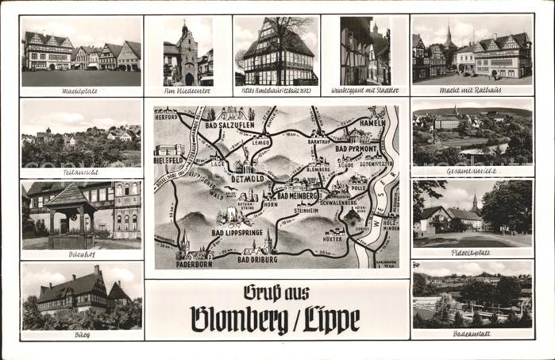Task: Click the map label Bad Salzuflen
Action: click(233, 125)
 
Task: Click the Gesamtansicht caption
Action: click(472, 172)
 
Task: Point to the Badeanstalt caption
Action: click(472, 335)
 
